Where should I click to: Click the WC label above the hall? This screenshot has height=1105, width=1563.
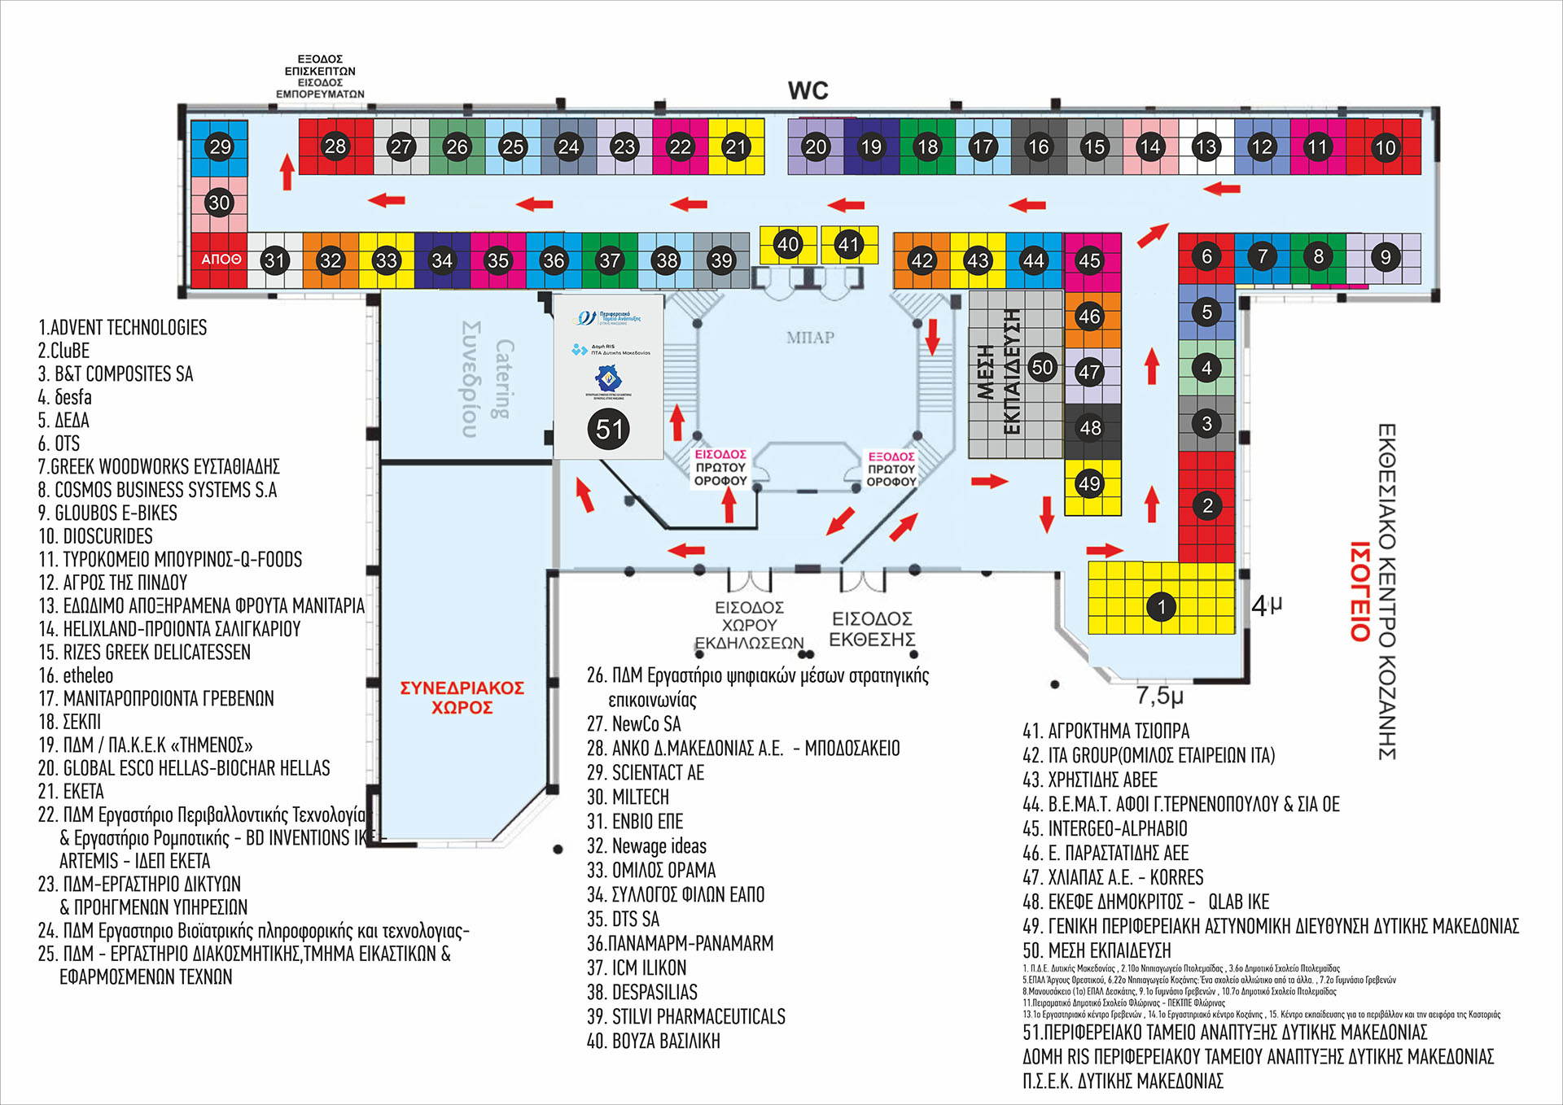coord(808,90)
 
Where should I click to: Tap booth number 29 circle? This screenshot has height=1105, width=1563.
coord(220,146)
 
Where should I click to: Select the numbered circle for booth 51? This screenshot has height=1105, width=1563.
coord(609,429)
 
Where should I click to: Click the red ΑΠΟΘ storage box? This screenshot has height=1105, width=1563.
coord(220,260)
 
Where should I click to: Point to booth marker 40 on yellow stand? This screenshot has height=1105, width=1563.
coord(787,244)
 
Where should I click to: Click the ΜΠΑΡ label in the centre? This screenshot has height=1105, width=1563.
coord(810,338)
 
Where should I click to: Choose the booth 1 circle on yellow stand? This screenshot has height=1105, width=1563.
coord(1161,606)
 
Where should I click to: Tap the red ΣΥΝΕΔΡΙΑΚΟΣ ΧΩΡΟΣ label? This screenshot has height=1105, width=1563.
coord(462,697)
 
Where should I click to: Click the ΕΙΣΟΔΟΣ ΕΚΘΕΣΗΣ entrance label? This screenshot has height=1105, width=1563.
coord(872,629)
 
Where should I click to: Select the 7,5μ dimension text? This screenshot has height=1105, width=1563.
coord(1159,696)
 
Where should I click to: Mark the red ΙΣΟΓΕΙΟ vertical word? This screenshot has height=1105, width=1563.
coord(1360,592)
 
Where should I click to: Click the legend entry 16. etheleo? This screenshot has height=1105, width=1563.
coord(77,675)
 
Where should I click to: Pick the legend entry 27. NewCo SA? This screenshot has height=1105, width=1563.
coord(634,724)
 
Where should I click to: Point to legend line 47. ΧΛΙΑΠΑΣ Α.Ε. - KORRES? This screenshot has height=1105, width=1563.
coord(1113,877)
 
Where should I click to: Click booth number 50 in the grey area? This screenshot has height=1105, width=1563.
coord(1042,367)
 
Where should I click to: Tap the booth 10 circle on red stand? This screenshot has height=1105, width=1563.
coord(1385,147)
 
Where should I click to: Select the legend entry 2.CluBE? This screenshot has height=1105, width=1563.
coord(63,351)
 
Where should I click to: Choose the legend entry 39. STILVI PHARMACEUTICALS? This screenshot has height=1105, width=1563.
coord(686,1016)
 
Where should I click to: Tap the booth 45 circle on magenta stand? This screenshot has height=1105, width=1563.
coord(1089,260)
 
